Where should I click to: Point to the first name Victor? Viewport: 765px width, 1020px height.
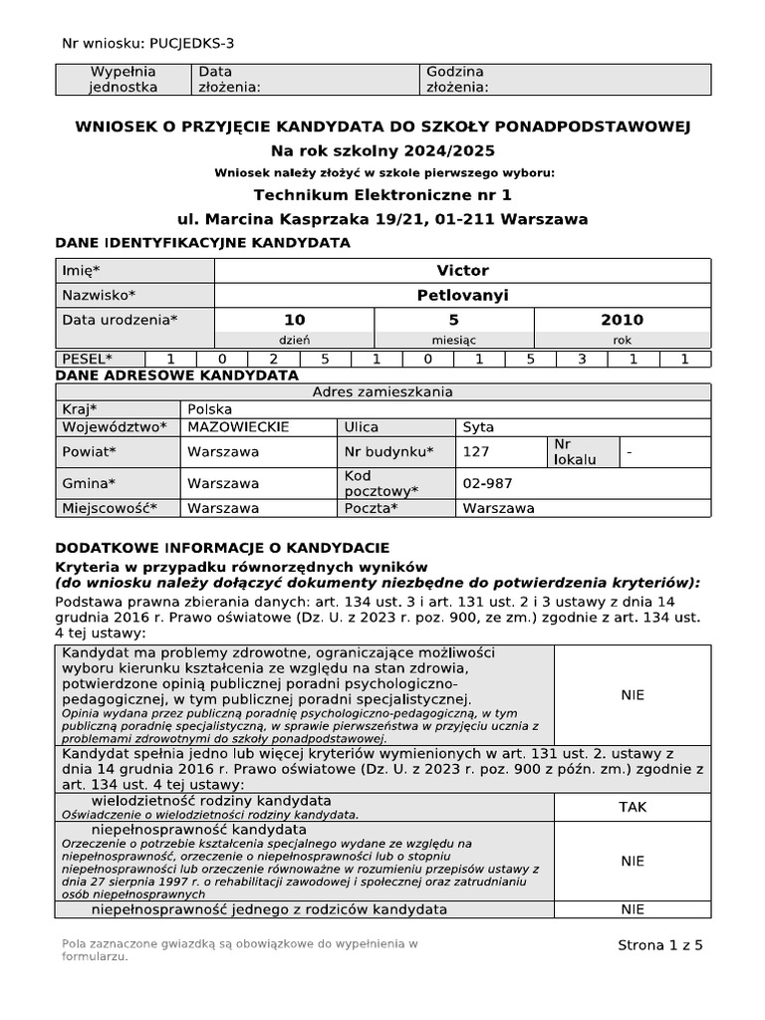pyautogui.click(x=463, y=271)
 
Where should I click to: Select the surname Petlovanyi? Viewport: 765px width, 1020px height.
pyautogui.click(x=463, y=296)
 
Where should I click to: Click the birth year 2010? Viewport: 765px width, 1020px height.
pyautogui.click(x=622, y=320)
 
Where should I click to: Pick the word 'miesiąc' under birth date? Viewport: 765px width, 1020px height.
pyautogui.click(x=453, y=340)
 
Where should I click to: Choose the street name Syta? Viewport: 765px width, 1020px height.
pyautogui.click(x=479, y=427)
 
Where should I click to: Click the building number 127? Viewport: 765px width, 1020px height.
pyautogui.click(x=476, y=451)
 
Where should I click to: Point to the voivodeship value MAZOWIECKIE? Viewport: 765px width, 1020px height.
pyautogui.click(x=238, y=427)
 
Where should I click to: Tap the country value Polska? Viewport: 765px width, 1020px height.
pyautogui.click(x=210, y=409)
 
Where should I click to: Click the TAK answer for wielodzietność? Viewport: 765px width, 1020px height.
pyautogui.click(x=633, y=811)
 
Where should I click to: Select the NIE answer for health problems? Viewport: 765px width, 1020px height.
pyautogui.click(x=633, y=695)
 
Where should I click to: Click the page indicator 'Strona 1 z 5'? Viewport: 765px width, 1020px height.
pyautogui.click(x=660, y=946)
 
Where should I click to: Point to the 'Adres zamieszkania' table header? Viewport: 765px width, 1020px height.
pyautogui.click(x=382, y=391)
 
